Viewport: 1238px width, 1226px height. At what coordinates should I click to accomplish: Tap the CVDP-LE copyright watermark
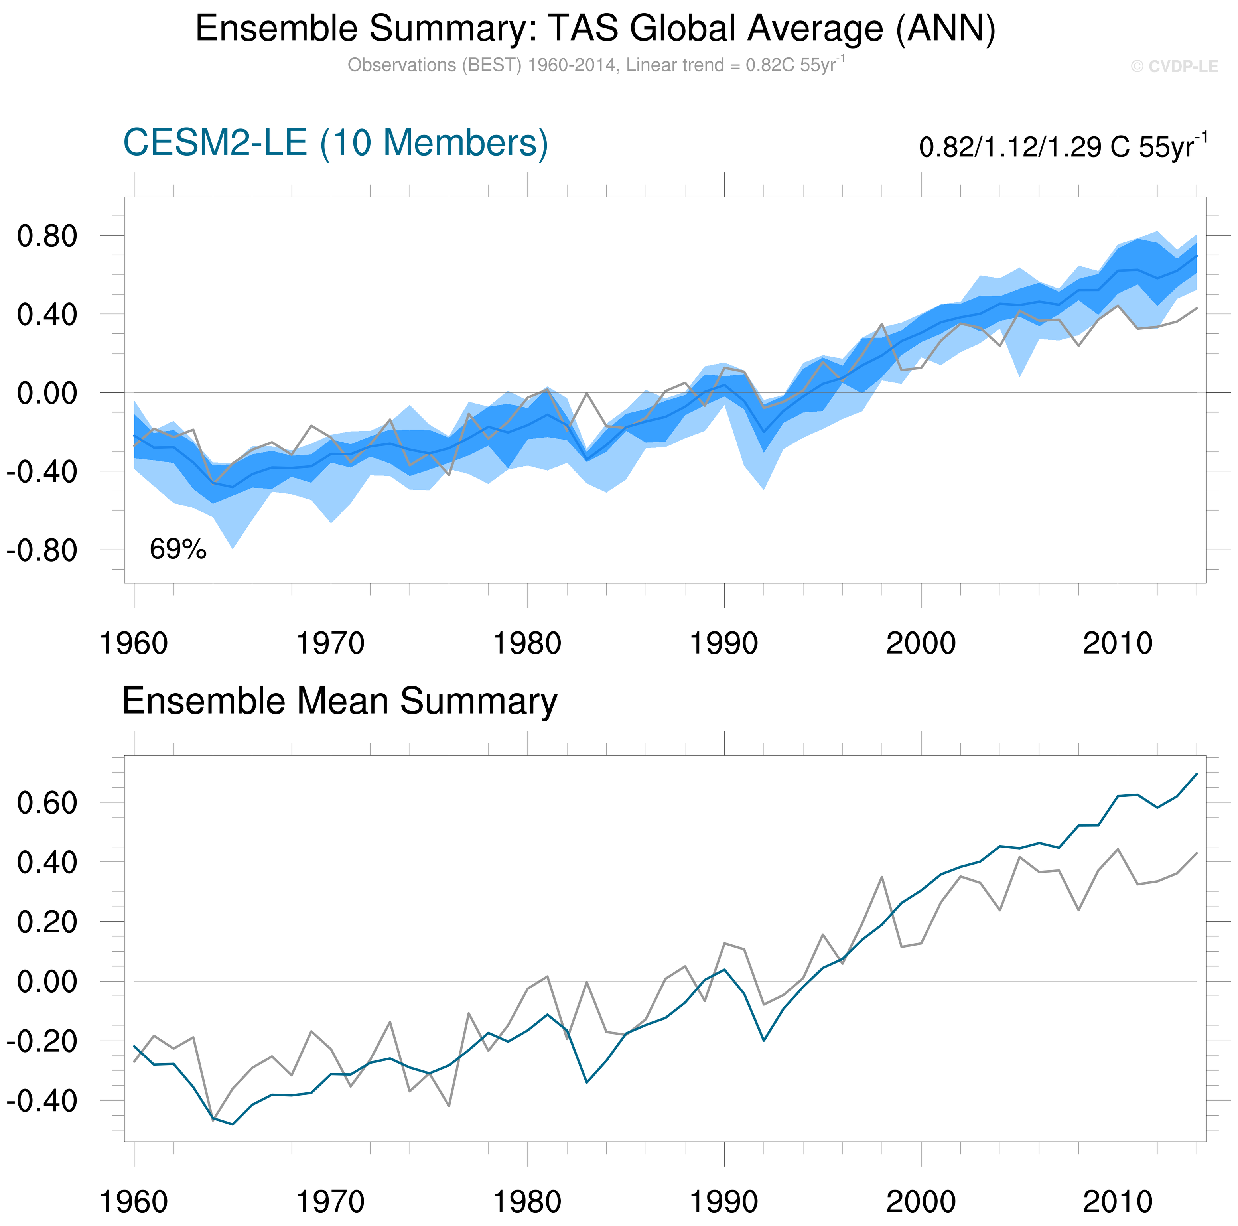(x=1174, y=67)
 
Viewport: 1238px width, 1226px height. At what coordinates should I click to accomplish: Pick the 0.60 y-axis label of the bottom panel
(x=47, y=802)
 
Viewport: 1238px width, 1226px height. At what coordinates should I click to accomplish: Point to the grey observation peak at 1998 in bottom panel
(x=882, y=877)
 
